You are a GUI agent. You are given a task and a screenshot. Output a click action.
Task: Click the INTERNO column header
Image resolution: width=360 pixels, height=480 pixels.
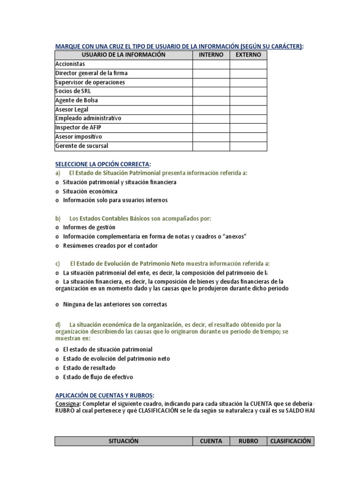point(211,55)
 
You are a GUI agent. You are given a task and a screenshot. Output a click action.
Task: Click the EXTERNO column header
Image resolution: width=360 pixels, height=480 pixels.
point(248,55)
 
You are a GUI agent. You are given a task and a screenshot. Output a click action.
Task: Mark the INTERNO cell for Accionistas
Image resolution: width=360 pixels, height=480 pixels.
point(211,64)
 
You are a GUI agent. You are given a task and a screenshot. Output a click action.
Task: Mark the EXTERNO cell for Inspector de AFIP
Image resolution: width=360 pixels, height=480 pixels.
point(248,127)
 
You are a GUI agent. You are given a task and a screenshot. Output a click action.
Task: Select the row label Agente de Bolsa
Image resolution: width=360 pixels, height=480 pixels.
point(77,100)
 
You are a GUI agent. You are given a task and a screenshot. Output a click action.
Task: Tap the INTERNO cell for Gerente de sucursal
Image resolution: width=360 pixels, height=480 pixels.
point(211,146)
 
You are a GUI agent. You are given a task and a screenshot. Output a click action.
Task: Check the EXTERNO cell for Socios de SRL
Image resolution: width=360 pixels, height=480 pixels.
point(248,91)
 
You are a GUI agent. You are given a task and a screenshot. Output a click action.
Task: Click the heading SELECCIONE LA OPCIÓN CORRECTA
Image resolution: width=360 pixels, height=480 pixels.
point(103,164)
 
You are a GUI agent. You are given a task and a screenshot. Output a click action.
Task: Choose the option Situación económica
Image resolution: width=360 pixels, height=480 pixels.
point(90,191)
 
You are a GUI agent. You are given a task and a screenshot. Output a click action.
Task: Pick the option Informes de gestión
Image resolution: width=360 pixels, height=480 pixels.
point(89,227)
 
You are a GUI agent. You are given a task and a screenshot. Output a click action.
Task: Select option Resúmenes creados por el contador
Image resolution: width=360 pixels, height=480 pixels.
point(110,246)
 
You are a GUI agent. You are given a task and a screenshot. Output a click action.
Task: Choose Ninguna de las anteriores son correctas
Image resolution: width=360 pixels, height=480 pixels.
point(115,304)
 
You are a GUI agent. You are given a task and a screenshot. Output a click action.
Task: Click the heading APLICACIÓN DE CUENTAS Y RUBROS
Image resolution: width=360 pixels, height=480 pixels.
point(104,395)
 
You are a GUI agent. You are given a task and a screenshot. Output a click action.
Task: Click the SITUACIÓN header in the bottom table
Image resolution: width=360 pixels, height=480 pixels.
point(124,441)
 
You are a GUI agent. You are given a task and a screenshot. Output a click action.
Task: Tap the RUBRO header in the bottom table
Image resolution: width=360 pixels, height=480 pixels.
point(248,441)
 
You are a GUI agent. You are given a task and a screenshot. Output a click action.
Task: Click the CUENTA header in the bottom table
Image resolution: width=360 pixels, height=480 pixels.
point(211,441)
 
